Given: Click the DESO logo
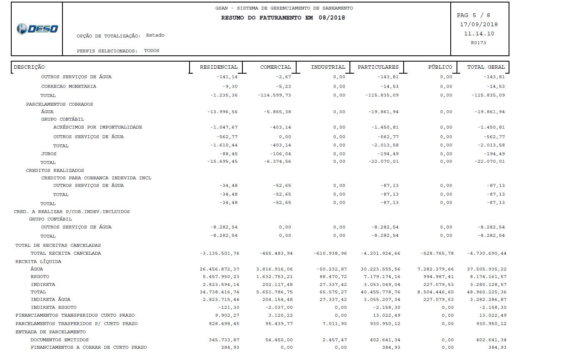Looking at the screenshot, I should pos(37,29).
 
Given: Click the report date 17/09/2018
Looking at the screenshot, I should pos(479,25).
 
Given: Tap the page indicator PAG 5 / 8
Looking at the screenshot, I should pos(473,15).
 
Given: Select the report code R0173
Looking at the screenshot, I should pos(478,42).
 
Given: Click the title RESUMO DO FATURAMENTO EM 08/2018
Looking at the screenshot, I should pos(283,18).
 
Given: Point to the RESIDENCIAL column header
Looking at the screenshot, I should pos(219,67).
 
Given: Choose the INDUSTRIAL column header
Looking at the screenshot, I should pos(328,67).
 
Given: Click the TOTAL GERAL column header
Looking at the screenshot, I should pos(486,67).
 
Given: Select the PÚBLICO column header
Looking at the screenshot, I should pos(440,67).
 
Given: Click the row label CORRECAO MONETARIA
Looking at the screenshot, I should pos(68,87).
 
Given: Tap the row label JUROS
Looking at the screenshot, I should pos(49,154).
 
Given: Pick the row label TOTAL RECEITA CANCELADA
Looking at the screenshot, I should pos(65,253).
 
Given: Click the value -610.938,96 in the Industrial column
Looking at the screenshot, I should pos(331,253).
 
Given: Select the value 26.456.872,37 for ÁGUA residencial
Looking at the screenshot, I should pos(220,269).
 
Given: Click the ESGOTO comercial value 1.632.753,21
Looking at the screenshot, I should pos(275,277).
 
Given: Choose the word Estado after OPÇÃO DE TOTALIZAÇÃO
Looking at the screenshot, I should pos(155,35).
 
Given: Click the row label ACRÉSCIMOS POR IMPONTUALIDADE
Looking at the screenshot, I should pos(97,127).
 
